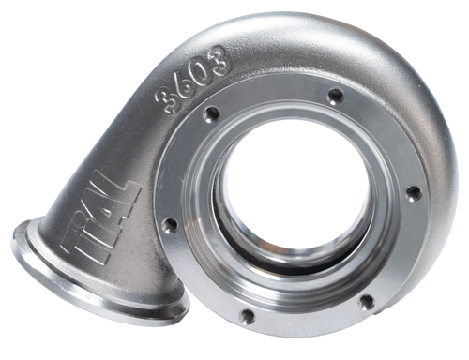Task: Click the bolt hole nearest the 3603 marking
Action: point(212,113)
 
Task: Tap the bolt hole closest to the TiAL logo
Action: point(170,226)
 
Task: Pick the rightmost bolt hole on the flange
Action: point(411,193)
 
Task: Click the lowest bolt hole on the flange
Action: point(248,316)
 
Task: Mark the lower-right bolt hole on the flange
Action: point(366,301)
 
